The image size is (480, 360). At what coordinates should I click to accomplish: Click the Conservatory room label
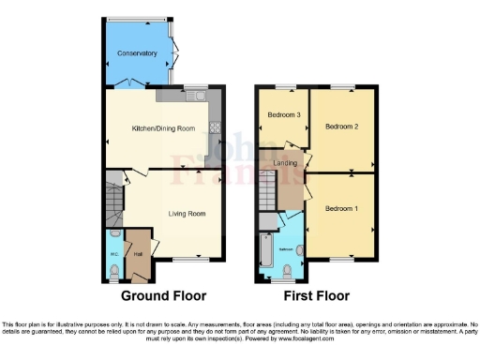(137, 54)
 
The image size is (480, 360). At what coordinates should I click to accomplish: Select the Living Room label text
(187, 214)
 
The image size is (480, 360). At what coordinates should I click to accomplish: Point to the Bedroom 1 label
(341, 208)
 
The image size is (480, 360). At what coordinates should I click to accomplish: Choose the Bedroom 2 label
(343, 125)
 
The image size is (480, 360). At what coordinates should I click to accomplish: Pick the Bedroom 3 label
(284, 114)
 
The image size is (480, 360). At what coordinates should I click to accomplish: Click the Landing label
(286, 163)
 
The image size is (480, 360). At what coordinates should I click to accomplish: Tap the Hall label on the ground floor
(138, 253)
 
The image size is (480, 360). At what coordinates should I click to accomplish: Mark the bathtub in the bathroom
(266, 252)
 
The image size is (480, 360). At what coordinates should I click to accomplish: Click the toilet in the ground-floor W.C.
(113, 272)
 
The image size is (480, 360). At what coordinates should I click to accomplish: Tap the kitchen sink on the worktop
(196, 95)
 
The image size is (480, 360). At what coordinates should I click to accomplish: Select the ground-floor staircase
(114, 202)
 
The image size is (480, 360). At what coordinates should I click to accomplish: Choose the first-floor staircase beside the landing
(268, 192)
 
